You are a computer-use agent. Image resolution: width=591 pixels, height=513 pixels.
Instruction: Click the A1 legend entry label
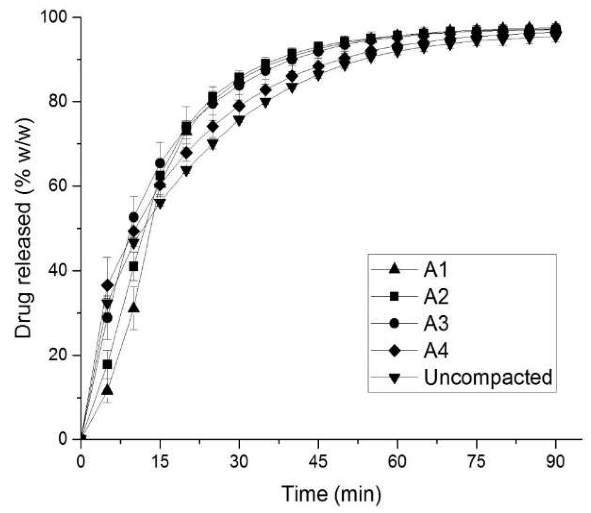[435, 270]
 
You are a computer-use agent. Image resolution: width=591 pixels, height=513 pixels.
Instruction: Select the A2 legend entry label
[436, 297]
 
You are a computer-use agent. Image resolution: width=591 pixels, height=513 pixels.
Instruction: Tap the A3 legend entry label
[436, 323]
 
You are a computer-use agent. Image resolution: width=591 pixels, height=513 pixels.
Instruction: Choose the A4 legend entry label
[436, 351]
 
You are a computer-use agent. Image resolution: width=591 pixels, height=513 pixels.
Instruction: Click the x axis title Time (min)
[331, 493]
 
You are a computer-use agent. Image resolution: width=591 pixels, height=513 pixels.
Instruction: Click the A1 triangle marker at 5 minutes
[107, 390]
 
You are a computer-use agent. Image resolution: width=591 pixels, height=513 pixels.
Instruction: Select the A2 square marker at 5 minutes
[107, 364]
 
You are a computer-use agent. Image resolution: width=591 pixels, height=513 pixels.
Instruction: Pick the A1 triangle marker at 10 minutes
[134, 308]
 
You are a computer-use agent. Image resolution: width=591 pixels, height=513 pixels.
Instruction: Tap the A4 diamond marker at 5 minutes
[107, 286]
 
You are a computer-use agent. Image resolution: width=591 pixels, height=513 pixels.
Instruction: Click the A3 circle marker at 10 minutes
[134, 217]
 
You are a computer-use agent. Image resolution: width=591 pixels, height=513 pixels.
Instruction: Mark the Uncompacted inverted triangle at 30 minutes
[239, 120]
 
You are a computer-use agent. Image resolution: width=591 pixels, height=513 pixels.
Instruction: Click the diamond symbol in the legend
[395, 351]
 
